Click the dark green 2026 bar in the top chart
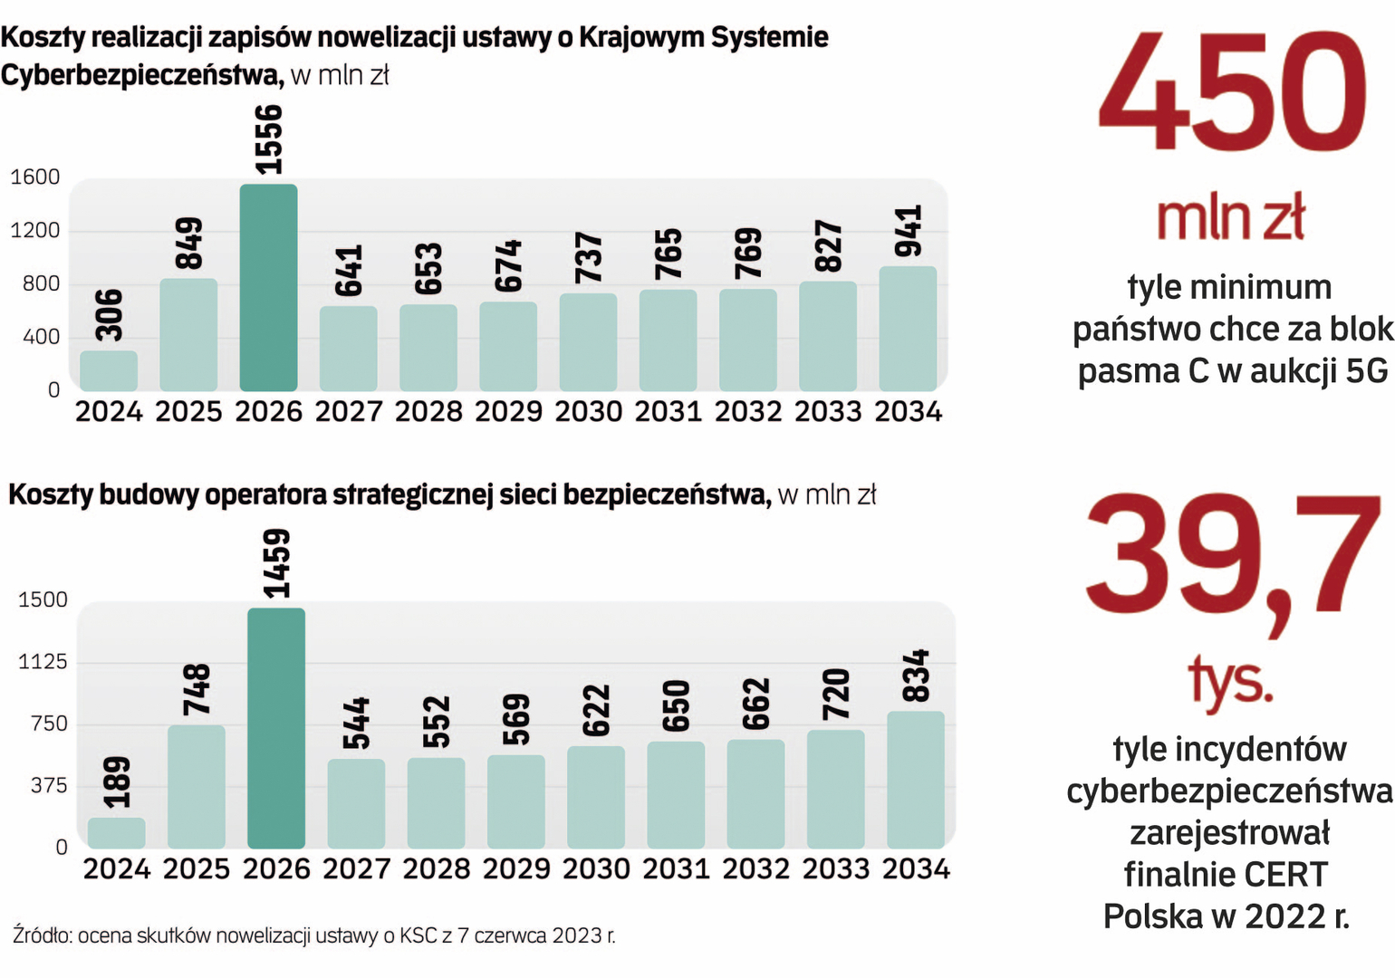pos(268,288)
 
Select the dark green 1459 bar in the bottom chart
pos(276,728)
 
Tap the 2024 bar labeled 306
pos(109,371)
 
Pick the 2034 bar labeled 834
pos(915,780)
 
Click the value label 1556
pos(268,139)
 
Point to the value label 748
pos(197,689)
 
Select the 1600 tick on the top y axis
pos(35,177)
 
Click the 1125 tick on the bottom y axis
pos(43,662)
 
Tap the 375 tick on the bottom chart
pos(49,785)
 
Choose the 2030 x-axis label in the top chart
pos(588,412)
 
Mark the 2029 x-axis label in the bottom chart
pos(516,869)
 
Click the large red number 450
pos(1231,92)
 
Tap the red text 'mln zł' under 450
pos(1230,218)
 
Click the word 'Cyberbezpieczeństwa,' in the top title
pos(142,74)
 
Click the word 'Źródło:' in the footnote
pos(43,935)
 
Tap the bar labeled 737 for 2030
pos(588,342)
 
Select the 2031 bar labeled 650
pos(676,795)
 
